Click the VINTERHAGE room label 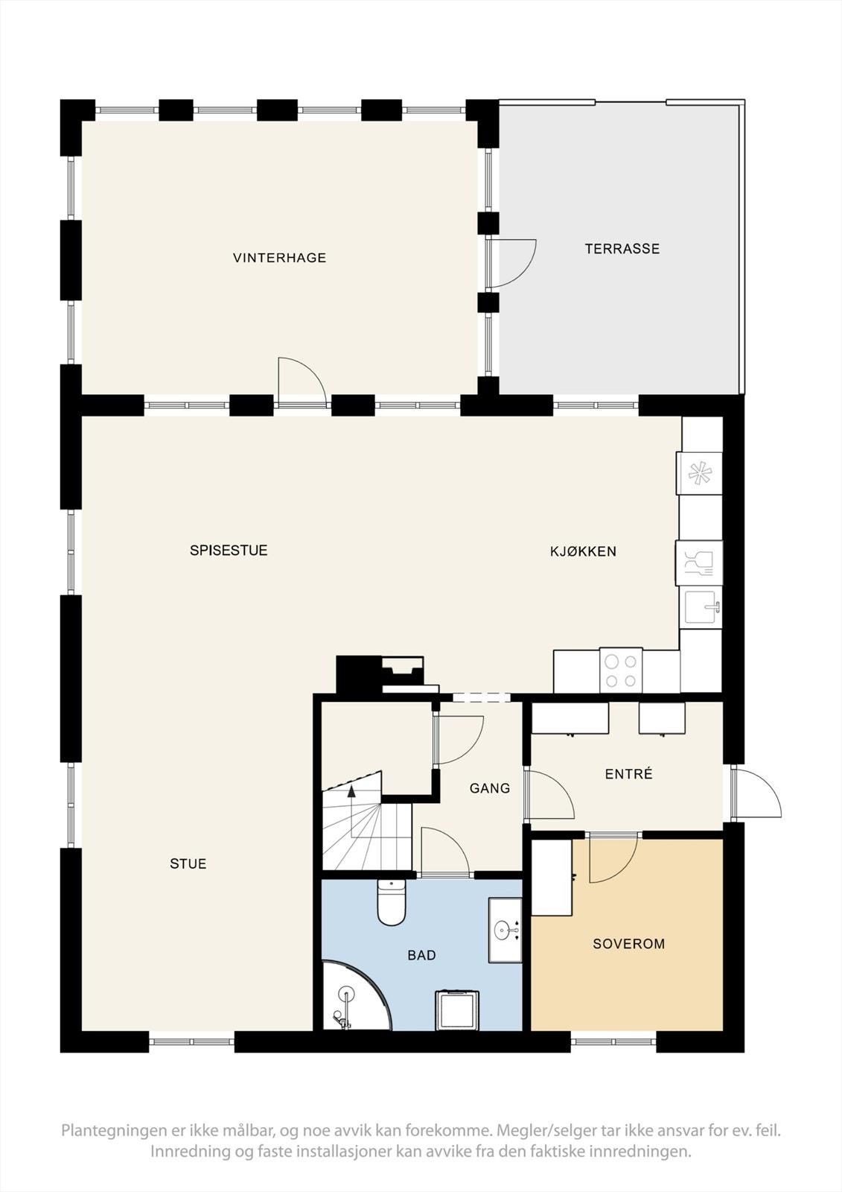pyautogui.click(x=279, y=258)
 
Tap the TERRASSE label pyautogui.click(x=622, y=249)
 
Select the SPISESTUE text pyautogui.click(x=229, y=551)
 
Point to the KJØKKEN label pyautogui.click(x=583, y=551)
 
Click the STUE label pyautogui.click(x=188, y=863)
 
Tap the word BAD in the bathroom pyautogui.click(x=421, y=955)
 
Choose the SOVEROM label pyautogui.click(x=628, y=944)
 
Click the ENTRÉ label pyautogui.click(x=628, y=774)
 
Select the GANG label pyautogui.click(x=489, y=787)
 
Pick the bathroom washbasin pyautogui.click(x=505, y=930)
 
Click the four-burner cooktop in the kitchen pyautogui.click(x=621, y=670)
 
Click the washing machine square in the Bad pyautogui.click(x=456, y=1009)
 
